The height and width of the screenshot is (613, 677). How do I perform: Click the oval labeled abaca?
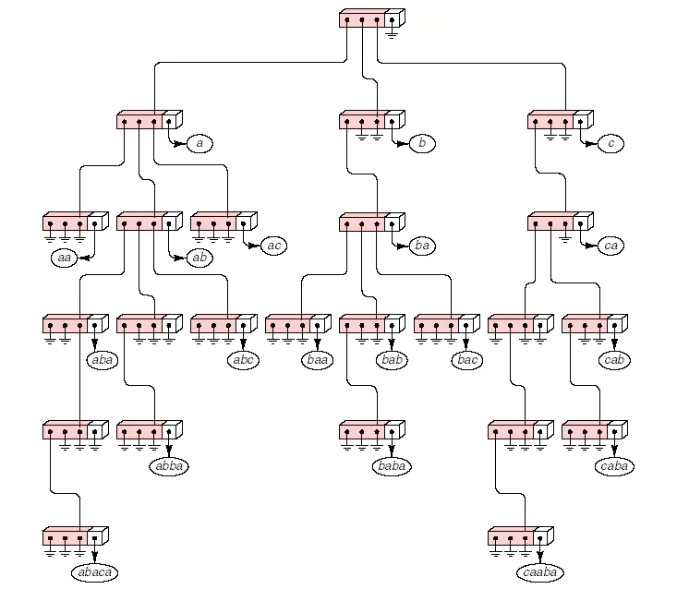point(94,572)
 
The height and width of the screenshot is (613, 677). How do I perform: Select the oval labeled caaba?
point(539,572)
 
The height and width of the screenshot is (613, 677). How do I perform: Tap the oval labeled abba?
point(169,466)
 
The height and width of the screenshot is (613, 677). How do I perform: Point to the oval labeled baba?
point(392,466)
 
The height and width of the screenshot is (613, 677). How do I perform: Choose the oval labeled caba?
point(614,466)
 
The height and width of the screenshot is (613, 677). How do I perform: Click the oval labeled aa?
point(64,258)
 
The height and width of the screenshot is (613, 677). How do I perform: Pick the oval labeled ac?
point(273,246)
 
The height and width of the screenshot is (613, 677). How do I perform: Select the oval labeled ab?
point(199,258)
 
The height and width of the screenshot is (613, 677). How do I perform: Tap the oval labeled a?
point(199,143)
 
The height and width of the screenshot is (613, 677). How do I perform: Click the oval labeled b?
point(422,143)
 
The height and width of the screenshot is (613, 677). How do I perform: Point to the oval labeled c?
point(611,143)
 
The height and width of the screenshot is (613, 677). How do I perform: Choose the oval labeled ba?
point(422,246)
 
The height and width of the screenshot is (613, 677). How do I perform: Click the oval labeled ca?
point(611,246)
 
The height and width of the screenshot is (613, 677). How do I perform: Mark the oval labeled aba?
point(103,360)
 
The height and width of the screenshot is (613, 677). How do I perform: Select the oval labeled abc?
point(243,360)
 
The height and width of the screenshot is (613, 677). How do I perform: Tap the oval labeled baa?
point(318,360)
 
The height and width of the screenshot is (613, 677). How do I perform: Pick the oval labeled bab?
point(392,360)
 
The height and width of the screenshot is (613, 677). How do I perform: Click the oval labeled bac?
point(467,360)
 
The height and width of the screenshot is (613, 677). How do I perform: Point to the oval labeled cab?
point(614,360)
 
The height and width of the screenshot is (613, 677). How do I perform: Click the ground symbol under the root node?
point(392,34)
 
